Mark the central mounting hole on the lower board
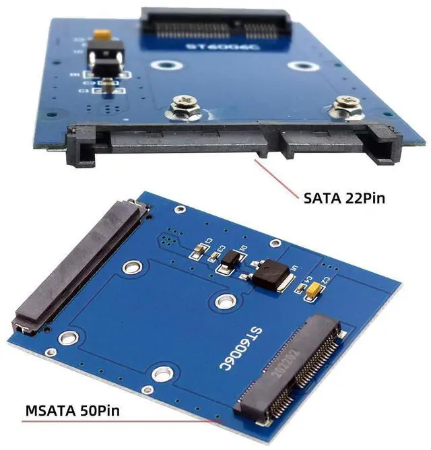(222, 300)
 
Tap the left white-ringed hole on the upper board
(162, 66)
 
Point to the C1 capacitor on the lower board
(196, 251)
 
